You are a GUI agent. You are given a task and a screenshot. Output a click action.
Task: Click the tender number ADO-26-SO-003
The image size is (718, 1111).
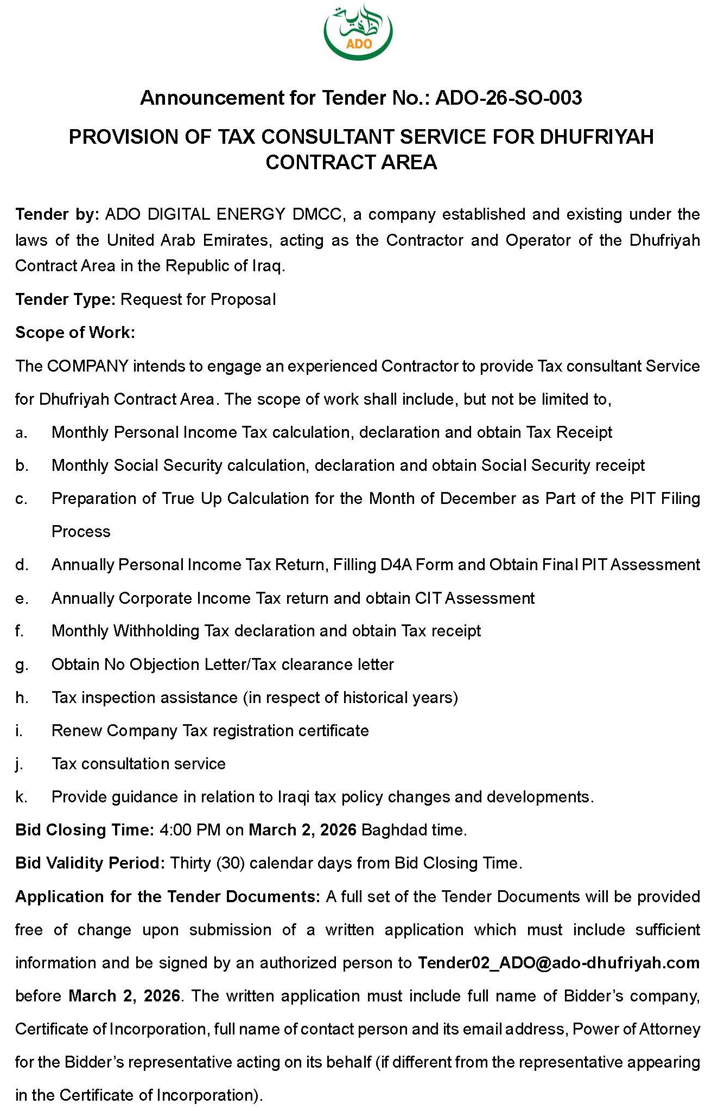[x=509, y=98]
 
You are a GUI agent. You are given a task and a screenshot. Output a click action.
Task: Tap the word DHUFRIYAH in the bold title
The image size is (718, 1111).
[x=597, y=137]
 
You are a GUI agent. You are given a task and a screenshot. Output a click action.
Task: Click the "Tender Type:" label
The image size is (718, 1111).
[x=65, y=299]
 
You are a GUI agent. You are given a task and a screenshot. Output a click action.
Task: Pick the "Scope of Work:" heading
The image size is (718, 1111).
[x=75, y=333]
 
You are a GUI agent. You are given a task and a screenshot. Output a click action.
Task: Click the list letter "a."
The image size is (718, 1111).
[x=21, y=433]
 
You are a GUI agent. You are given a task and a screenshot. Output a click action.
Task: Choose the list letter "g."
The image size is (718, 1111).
[x=21, y=665]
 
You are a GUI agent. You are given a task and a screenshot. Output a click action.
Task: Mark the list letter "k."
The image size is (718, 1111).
[x=21, y=797]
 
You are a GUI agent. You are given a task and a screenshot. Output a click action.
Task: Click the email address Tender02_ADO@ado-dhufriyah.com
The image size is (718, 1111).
[x=558, y=963]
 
